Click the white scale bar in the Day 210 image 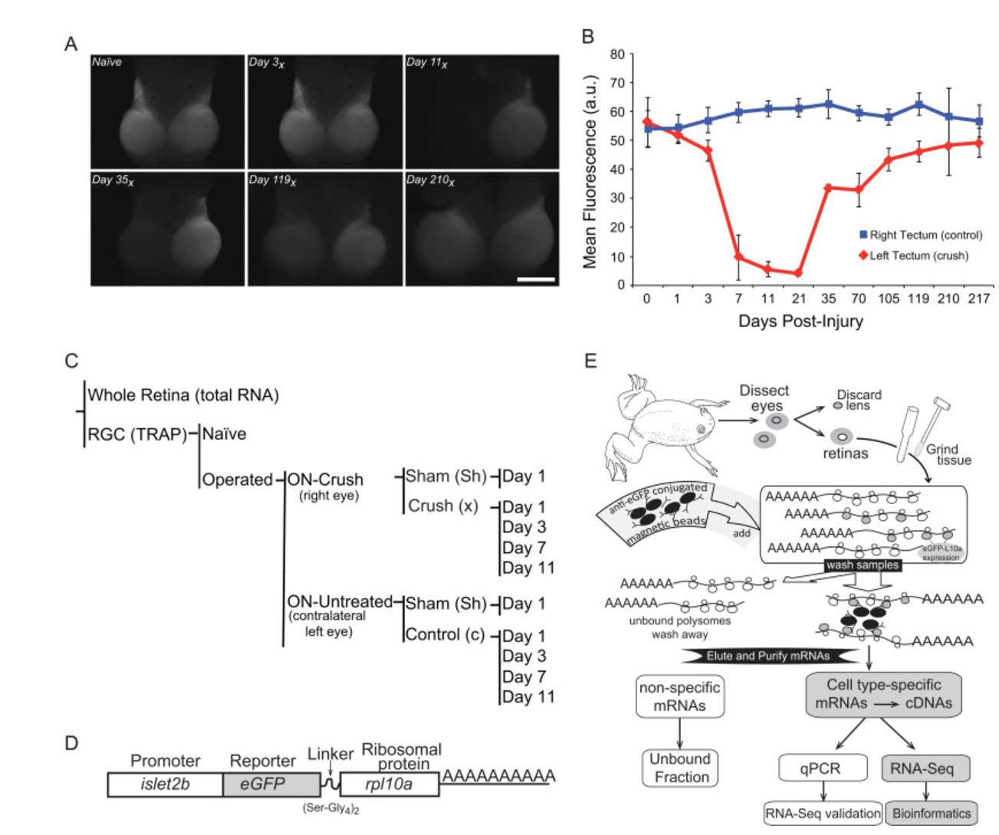[536, 280]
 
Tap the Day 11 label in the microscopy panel [426, 63]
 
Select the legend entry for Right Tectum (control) [919, 235]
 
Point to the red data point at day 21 [798, 273]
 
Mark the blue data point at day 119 [918, 104]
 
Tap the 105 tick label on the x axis [889, 299]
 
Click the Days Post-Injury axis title [800, 321]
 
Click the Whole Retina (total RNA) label [183, 395]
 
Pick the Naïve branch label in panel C [224, 434]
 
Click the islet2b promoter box [165, 784]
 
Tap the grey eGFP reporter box [271, 784]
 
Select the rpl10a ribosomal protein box [389, 784]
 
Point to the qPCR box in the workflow [823, 768]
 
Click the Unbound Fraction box [680, 768]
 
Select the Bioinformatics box [932, 814]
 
